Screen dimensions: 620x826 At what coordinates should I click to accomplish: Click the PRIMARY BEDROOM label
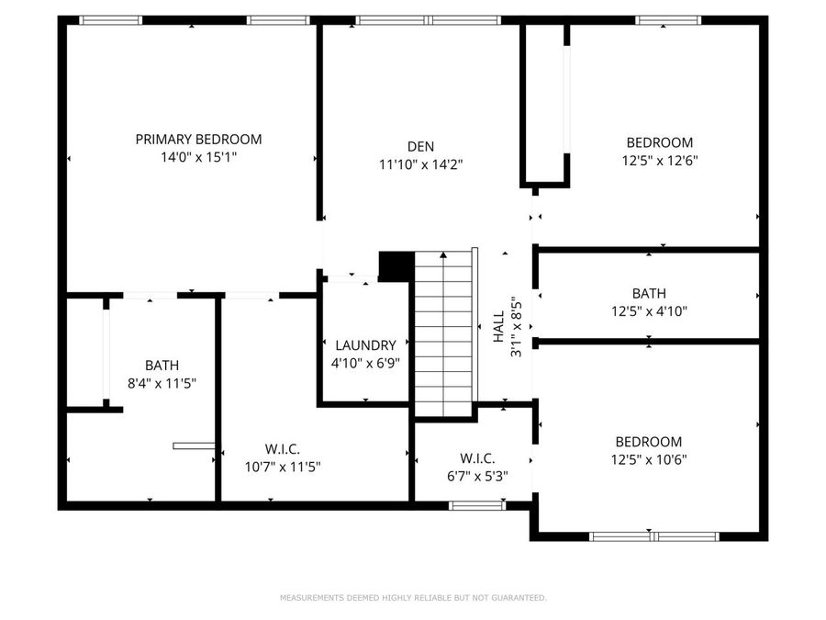pyautogui.click(x=198, y=140)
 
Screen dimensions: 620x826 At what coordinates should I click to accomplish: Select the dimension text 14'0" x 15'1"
pyautogui.click(x=198, y=157)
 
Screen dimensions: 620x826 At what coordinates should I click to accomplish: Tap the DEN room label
pyautogui.click(x=420, y=147)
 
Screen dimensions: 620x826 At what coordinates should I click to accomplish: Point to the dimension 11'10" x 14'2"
pyautogui.click(x=420, y=165)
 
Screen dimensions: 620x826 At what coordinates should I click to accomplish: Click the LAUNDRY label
pyautogui.click(x=365, y=345)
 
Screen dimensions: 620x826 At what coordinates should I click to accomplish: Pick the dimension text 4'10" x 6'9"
pyautogui.click(x=365, y=363)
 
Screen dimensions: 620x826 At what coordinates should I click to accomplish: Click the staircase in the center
pyautogui.click(x=444, y=335)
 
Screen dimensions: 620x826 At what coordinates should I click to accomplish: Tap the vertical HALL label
pyautogui.click(x=498, y=327)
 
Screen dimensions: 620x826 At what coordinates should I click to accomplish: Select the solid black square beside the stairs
pyautogui.click(x=396, y=265)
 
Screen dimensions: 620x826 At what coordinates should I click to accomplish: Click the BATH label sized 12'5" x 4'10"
pyautogui.click(x=648, y=294)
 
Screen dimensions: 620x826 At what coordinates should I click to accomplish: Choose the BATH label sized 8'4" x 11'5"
pyautogui.click(x=162, y=365)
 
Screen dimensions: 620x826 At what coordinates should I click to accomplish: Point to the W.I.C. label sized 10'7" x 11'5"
pyautogui.click(x=282, y=448)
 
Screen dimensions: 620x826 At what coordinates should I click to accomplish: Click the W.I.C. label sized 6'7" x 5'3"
pyautogui.click(x=477, y=458)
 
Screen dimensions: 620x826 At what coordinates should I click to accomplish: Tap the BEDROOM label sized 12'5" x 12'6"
pyautogui.click(x=659, y=142)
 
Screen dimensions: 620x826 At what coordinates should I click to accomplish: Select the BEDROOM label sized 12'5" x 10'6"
pyautogui.click(x=648, y=442)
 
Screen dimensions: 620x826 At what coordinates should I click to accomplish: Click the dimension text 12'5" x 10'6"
pyautogui.click(x=648, y=459)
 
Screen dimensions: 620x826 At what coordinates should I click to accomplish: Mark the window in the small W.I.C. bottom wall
pyautogui.click(x=476, y=504)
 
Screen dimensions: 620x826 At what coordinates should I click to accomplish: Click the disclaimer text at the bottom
pyautogui.click(x=413, y=598)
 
